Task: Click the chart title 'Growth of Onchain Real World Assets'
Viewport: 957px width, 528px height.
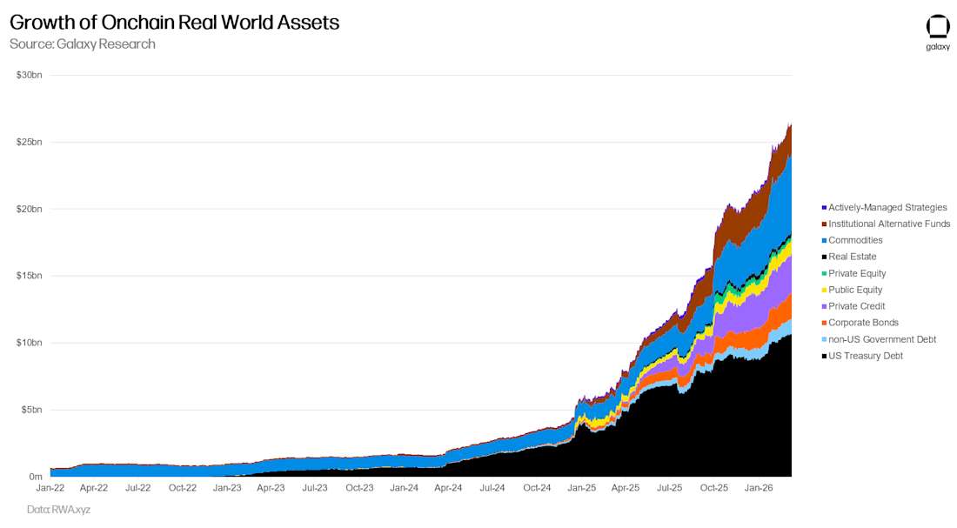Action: (174, 23)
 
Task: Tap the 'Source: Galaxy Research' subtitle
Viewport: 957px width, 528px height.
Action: (83, 44)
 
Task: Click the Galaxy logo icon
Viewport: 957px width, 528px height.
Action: (938, 27)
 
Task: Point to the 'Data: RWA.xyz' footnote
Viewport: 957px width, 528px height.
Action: (58, 510)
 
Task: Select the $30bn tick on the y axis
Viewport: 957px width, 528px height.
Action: (29, 75)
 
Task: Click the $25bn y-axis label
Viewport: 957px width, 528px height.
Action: (29, 142)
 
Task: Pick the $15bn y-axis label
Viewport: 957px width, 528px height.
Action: (29, 276)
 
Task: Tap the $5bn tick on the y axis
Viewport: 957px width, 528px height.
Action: (30, 410)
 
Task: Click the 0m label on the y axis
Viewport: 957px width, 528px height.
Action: (35, 477)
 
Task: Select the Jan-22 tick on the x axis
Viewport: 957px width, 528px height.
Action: (50, 489)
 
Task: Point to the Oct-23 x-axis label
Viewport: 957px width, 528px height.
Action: (359, 489)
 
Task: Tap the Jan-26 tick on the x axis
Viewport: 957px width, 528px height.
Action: (759, 489)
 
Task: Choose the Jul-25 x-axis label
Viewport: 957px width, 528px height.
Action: (669, 489)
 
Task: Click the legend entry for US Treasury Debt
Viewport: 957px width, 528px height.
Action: (865, 356)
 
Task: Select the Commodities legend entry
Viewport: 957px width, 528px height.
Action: (854, 240)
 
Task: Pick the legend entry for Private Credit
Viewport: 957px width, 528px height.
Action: (856, 306)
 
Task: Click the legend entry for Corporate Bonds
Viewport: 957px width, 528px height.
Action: (862, 323)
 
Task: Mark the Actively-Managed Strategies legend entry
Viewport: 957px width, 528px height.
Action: (887, 207)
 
